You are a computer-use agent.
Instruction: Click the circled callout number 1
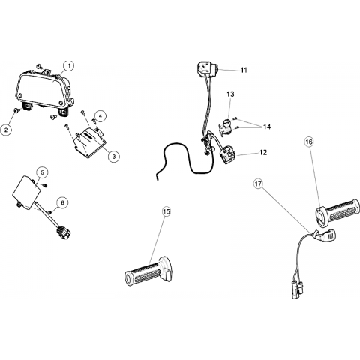[x=69, y=65]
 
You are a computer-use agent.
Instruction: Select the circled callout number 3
[x=114, y=157]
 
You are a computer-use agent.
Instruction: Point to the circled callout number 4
[x=100, y=116]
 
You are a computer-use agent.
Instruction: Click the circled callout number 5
[x=42, y=172]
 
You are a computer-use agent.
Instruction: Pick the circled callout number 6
[x=62, y=202]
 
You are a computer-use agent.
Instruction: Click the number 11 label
[x=244, y=70]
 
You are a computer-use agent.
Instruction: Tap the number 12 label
[x=263, y=152]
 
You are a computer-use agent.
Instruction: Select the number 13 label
[x=230, y=94]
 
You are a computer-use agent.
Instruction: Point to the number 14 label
[x=267, y=127]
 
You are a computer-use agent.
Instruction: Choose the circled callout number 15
[x=166, y=211]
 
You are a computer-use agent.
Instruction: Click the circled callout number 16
[x=309, y=142]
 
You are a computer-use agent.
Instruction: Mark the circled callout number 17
[x=258, y=184]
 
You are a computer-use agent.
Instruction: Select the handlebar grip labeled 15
[x=148, y=271]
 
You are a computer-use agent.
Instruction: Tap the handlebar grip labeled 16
[x=337, y=213]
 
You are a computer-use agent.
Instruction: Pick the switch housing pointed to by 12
[x=228, y=156]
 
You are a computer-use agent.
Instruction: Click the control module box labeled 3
[x=89, y=143]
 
